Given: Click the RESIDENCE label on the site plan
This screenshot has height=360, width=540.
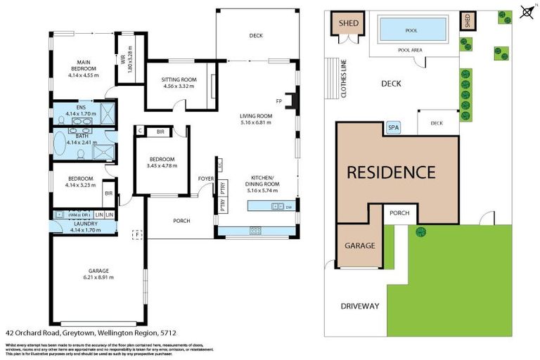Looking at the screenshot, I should [391, 172].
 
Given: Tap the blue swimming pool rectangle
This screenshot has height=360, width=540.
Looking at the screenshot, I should [411, 30].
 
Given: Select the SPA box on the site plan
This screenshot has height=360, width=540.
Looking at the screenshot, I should [392, 127].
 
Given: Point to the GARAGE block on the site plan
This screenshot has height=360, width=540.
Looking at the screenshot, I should [359, 246].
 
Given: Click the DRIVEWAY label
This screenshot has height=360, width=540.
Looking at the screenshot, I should [359, 306].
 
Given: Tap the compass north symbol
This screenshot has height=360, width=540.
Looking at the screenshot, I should [526, 11].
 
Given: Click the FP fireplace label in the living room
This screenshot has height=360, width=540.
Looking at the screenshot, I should [280, 101].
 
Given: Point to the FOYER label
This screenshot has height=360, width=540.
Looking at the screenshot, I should [205, 179].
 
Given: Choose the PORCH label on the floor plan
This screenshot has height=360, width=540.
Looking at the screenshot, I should [181, 221].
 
